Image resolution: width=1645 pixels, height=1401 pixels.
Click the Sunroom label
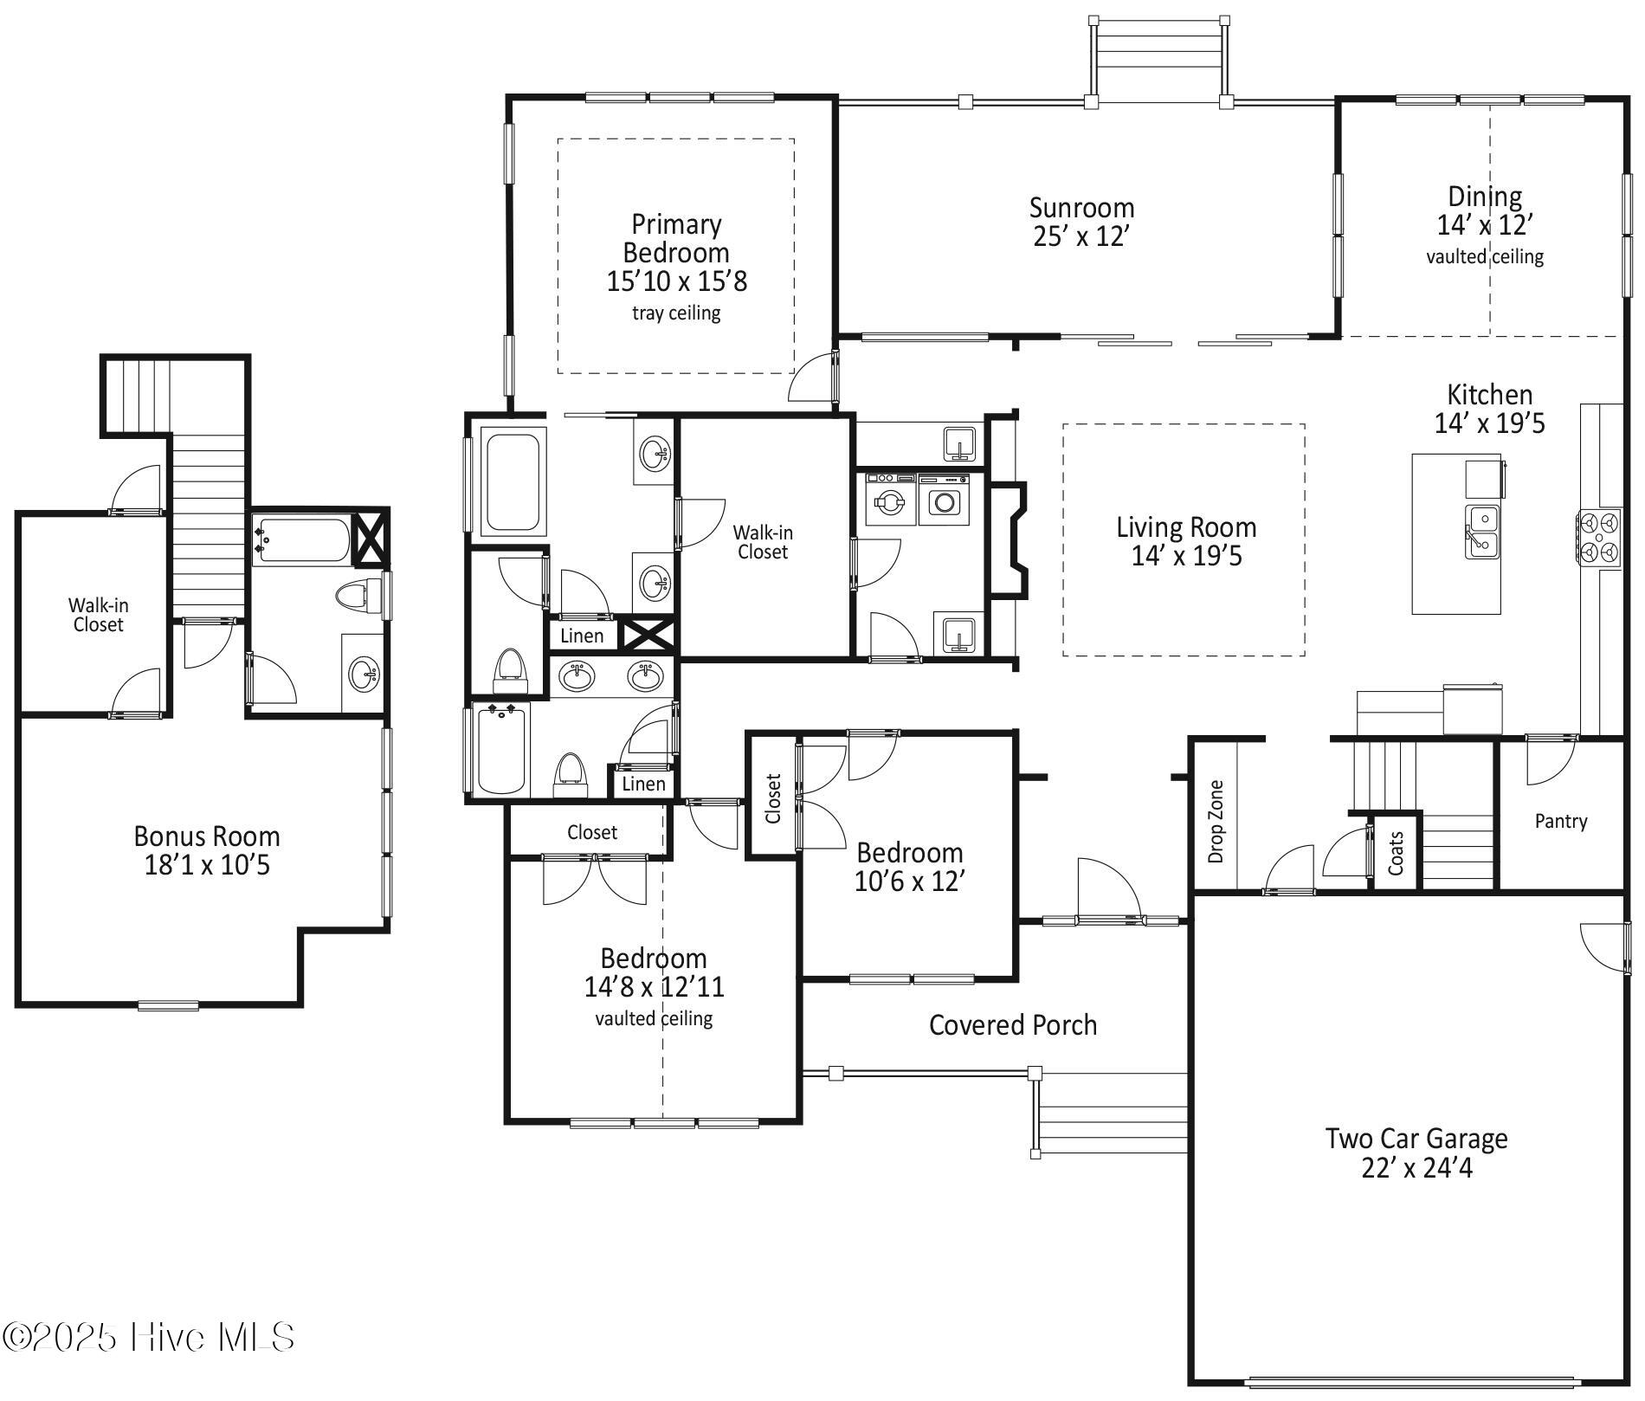1081,209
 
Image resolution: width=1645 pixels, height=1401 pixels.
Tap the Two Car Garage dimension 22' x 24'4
1416,1168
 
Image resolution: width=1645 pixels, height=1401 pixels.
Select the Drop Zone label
1216,821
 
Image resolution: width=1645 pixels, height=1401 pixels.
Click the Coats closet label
1396,853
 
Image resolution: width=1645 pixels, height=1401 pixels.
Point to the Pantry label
1561,821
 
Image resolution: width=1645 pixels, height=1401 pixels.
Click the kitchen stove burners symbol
1599,539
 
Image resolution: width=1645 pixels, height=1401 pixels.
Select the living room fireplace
1009,539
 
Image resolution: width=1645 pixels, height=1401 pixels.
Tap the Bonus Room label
207,836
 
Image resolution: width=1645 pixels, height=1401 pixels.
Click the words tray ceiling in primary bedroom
676,313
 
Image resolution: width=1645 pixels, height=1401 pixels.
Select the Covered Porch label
1013,1025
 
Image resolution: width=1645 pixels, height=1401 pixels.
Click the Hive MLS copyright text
149,1337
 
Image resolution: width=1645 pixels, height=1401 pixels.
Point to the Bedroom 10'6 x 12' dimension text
909,881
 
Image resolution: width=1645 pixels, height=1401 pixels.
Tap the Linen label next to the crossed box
582,636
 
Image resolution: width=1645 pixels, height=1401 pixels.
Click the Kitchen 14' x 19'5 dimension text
1489,423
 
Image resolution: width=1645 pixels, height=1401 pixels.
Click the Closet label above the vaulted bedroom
592,832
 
